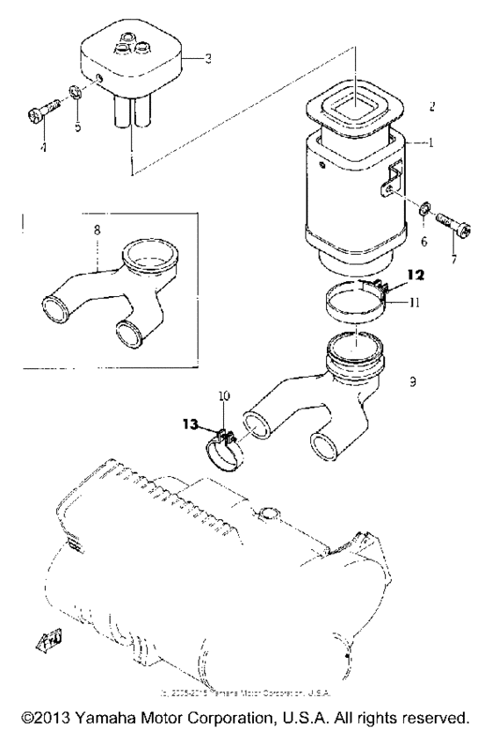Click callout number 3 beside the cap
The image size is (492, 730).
206,59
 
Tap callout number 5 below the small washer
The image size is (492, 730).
76,126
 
